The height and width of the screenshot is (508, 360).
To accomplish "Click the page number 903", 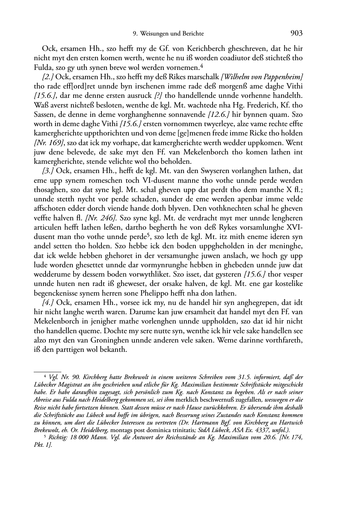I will tap(297, 33).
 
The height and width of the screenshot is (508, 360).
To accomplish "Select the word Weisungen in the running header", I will tap(153, 34).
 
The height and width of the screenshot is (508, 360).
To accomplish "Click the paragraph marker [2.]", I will tap(48, 77).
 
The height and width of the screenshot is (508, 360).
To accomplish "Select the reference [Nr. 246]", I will tap(98, 218).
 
